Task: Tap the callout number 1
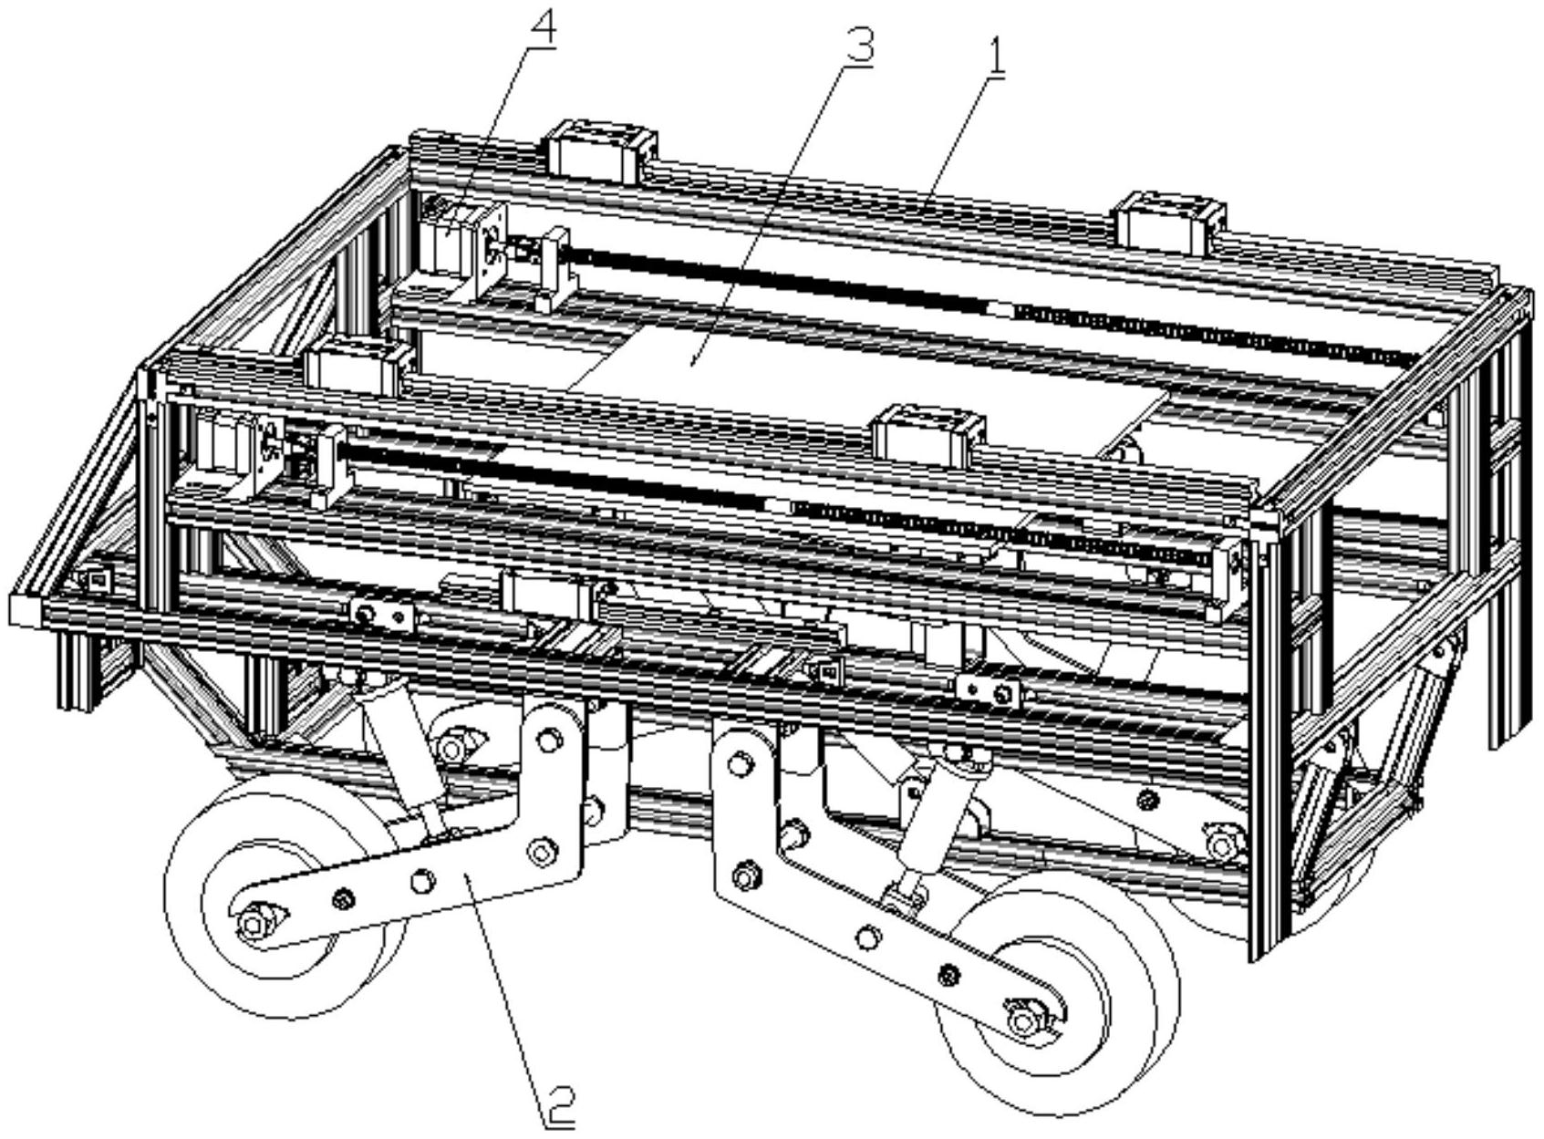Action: [x=996, y=58]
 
